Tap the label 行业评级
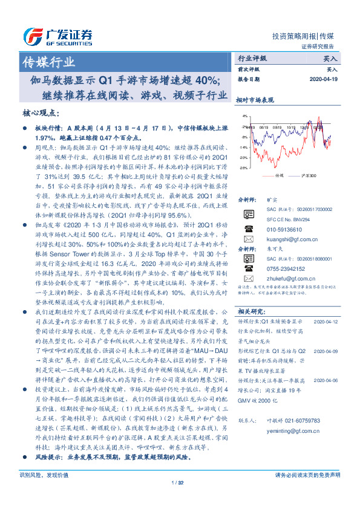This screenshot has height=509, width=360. click(252, 59)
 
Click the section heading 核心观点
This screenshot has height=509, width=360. click(42, 112)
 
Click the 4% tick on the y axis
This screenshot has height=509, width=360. click(243, 115)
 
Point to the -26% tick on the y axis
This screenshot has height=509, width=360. click(243, 168)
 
